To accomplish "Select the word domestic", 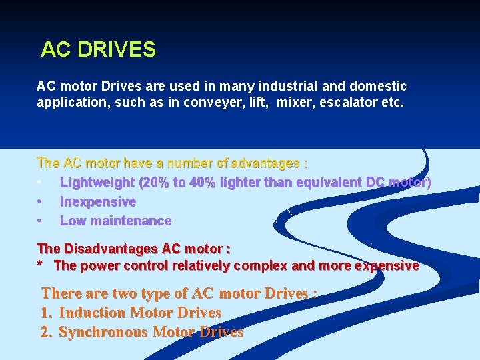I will click(381, 87).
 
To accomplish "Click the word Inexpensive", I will click(98, 201).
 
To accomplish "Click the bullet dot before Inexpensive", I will click(41, 201).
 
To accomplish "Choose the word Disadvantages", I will click(111, 249).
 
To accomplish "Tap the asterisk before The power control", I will click(41, 266).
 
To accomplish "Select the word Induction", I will click(93, 313).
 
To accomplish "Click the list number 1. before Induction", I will click(47, 313).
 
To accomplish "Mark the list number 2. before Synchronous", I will click(47, 332).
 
